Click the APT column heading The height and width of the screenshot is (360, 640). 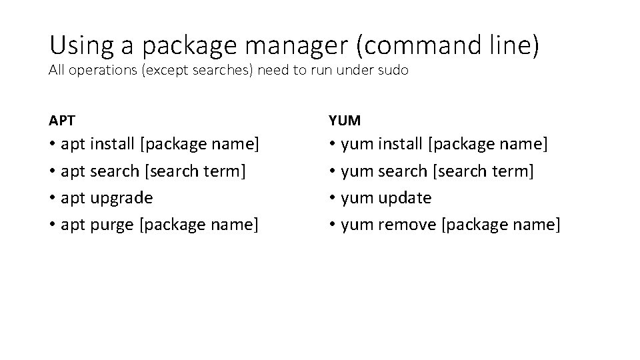click(62, 121)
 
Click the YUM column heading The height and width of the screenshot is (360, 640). click(345, 121)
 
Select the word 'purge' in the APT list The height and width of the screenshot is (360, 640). click(111, 225)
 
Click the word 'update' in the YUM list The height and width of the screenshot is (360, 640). click(405, 198)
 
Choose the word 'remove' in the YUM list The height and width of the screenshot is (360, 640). click(406, 225)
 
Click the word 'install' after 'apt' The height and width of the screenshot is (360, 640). click(112, 143)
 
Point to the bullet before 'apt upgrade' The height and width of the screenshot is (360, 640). click(53, 198)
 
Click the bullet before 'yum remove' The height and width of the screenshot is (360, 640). click(333, 225)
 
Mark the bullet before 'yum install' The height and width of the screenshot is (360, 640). click(333, 143)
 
